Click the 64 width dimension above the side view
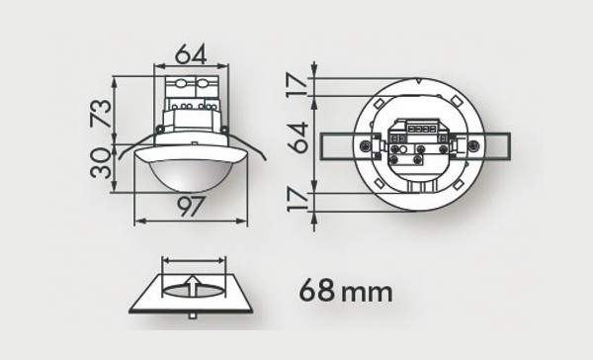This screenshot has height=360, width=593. click(192, 52)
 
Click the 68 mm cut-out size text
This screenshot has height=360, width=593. click(345, 292)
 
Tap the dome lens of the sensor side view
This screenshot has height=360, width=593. click(193, 174)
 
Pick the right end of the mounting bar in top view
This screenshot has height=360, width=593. click(505, 144)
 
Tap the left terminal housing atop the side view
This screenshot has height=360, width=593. click(179, 88)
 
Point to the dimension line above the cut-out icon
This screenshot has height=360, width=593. click(194, 261)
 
